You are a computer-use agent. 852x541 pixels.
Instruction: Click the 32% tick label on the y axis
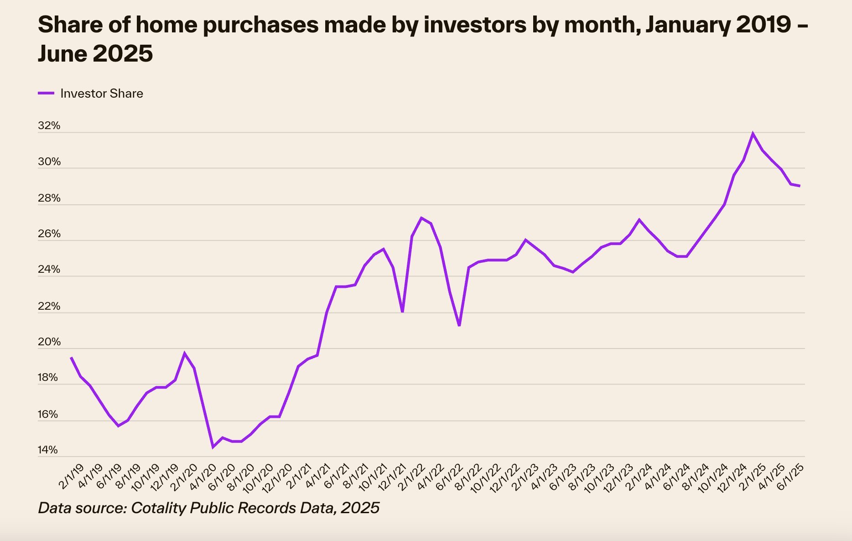49,125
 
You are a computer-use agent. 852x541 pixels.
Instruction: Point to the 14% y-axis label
47,450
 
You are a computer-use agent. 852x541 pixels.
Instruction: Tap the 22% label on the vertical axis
49,306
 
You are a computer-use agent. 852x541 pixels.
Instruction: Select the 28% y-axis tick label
49,198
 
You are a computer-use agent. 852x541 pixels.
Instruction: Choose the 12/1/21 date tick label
392,478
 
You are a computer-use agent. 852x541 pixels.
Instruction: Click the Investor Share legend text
102,94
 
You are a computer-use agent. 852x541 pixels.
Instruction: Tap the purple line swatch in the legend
46,93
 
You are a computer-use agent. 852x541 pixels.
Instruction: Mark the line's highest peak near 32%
753,133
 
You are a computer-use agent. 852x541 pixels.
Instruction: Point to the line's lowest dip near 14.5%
213,447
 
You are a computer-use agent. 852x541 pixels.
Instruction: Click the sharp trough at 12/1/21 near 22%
402,312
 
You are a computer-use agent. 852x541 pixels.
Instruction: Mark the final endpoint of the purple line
800,186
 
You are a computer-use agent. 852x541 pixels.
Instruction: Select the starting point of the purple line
71,358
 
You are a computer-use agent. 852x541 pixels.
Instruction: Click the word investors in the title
475,25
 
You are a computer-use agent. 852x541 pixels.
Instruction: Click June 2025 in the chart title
95,54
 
